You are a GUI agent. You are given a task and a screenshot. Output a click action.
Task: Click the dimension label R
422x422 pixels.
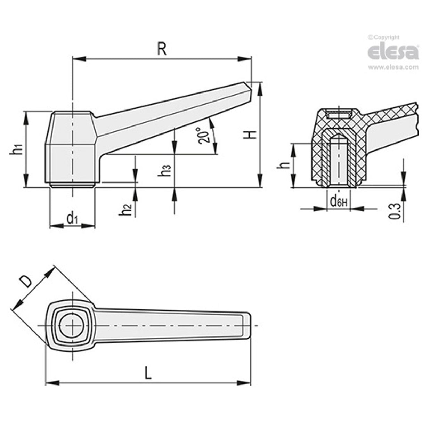pyautogui.click(x=161, y=50)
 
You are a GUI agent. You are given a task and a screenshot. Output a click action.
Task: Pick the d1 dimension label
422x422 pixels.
pyautogui.click(x=72, y=219)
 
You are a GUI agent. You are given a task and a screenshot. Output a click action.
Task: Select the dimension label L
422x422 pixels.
pyautogui.click(x=148, y=374)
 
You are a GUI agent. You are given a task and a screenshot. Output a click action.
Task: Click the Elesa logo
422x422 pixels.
pyautogui.click(x=393, y=52)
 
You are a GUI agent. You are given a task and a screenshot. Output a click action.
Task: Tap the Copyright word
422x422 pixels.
pyautogui.click(x=386, y=38)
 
